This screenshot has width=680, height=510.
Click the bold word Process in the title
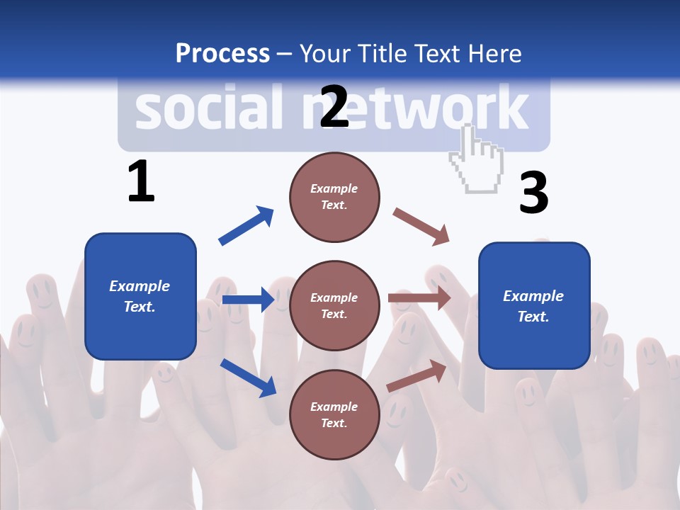222,54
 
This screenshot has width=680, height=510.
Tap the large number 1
141,182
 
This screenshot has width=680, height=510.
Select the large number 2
334,106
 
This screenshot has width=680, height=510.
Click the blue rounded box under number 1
140,296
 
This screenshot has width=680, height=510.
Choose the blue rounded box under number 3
534,305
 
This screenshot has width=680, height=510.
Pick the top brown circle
334,197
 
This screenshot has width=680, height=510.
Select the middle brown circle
334,305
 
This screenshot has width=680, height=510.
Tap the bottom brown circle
334,414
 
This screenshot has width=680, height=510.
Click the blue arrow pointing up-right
246,226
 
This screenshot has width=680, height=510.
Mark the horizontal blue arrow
248,300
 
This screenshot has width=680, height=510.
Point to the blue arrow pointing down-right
248,377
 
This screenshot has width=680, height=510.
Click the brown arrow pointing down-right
421,227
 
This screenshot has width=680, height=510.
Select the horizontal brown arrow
419,298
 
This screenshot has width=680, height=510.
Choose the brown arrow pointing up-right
417,375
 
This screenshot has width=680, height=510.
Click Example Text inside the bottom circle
334,414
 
